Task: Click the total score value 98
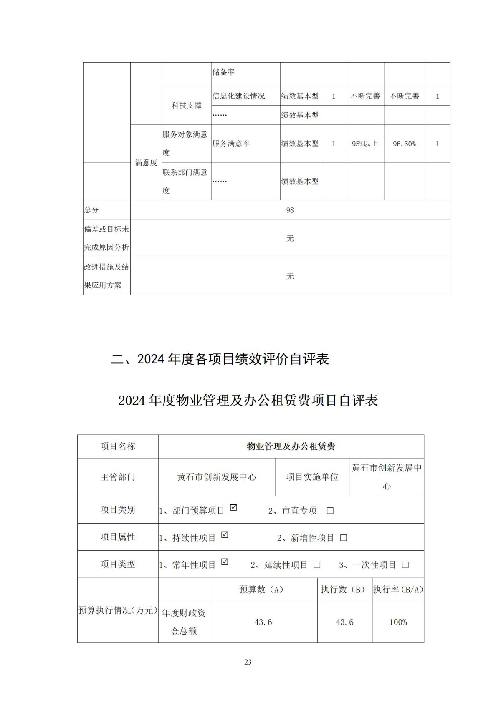coord(290,210)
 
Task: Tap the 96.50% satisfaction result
coord(404,144)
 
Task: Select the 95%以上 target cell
coord(365,144)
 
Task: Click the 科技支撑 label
coord(187,106)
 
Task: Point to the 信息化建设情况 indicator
coord(238,96)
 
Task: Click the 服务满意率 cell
coord(231,144)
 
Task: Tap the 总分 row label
coord(91,210)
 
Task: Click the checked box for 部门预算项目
coord(234,508)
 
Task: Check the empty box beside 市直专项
coord(330,511)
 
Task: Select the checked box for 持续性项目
coord(225,535)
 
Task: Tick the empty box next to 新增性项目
coord(343,538)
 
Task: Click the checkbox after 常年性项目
coord(225,562)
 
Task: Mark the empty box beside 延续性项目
coord(317,565)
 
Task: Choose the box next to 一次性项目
coord(405,565)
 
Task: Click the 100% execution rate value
coord(398,622)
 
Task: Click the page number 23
coord(248,662)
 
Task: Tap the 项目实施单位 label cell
coord(312,477)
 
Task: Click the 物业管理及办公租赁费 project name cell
coord(291,446)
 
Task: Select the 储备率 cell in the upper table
coord(224,72)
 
